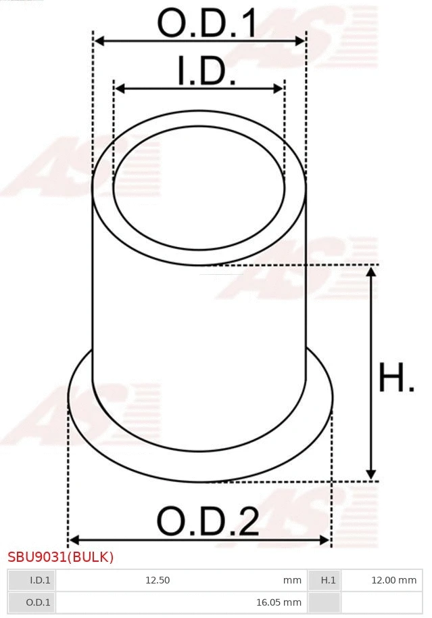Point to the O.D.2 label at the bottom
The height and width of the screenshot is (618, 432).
click(208, 521)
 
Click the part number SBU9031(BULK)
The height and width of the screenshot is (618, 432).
click(61, 557)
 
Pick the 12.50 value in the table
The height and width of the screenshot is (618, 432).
click(158, 580)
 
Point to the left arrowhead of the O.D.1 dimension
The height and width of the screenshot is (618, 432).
click(99, 41)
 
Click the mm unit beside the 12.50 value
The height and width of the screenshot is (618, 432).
click(292, 580)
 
